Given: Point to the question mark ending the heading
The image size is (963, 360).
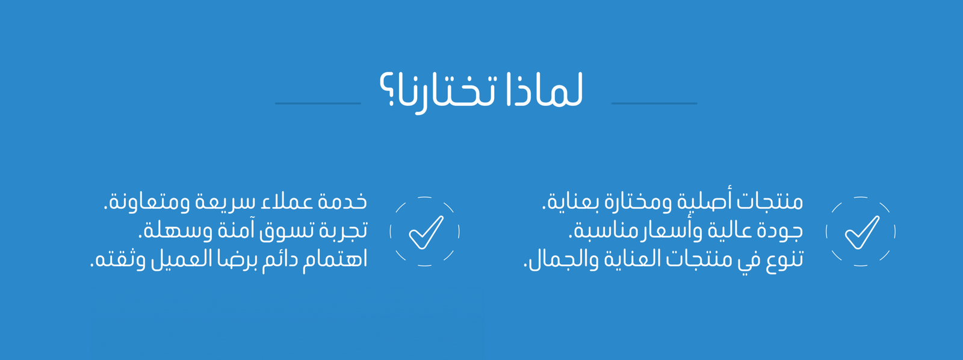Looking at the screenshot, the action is pyautogui.click(x=387, y=90).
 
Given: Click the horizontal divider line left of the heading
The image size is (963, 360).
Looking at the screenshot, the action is pyautogui.click(x=318, y=103).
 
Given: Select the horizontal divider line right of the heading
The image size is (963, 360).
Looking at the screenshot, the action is pyautogui.click(x=654, y=103).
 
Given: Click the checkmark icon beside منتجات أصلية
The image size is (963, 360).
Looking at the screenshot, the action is pyautogui.click(x=861, y=231).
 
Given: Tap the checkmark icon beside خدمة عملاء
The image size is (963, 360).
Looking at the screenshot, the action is pyautogui.click(x=425, y=231).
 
